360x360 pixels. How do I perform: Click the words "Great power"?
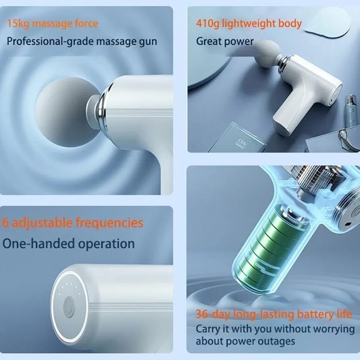click(x=225, y=41)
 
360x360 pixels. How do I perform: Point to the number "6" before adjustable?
click(x=5, y=223)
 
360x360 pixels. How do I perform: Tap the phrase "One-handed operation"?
click(x=68, y=244)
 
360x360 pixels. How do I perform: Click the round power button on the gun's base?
click(x=70, y=307)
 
